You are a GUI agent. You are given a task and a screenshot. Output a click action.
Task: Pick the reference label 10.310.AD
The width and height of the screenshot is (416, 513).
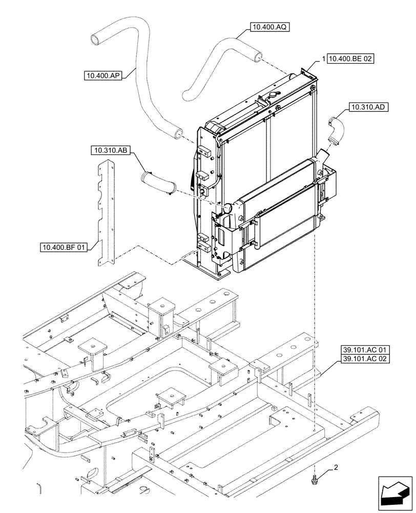(x=368, y=107)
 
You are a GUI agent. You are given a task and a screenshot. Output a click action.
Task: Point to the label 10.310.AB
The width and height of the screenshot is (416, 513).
(x=111, y=151)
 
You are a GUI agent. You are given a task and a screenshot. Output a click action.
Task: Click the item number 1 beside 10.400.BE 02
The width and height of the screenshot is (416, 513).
(x=323, y=60)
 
